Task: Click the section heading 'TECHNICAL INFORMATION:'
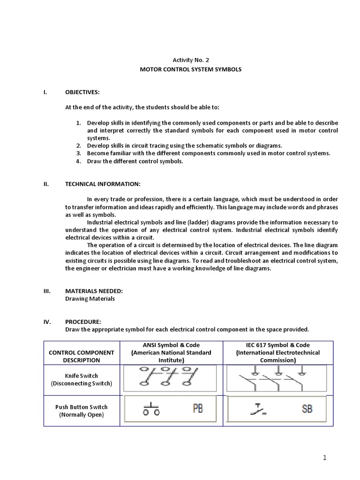tap(102, 184)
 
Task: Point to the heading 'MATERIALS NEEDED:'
tap(94, 291)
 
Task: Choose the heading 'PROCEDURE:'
tap(83, 322)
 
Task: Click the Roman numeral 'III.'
tap(47, 291)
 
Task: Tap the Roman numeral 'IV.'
tap(47, 322)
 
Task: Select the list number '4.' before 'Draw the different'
tap(79, 161)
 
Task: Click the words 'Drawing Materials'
tap(90, 299)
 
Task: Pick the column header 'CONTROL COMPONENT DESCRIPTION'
tap(82, 356)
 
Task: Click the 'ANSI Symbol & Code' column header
tap(171, 345)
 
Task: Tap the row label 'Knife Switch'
tap(82, 375)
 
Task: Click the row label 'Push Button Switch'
tap(82, 407)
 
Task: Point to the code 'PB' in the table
tap(198, 409)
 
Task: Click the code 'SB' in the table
tap(307, 409)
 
